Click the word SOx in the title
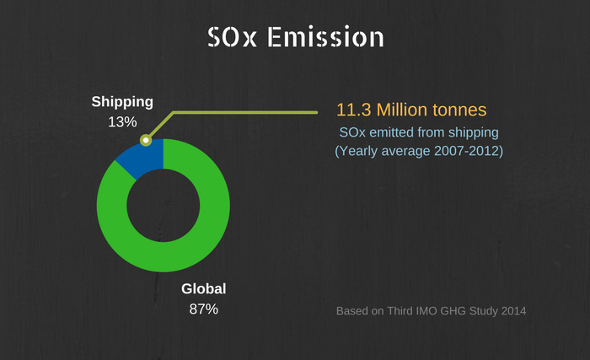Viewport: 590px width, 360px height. (232, 37)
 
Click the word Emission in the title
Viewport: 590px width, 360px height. (325, 37)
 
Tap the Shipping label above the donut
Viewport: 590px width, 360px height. (122, 102)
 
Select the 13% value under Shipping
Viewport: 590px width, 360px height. (122, 121)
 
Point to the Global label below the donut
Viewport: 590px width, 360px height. (204, 289)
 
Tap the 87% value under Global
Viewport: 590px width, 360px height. (204, 309)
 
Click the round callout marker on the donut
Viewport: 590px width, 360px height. (146, 140)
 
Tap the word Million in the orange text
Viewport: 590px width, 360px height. (402, 110)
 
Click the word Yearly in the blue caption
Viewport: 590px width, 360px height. (358, 152)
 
